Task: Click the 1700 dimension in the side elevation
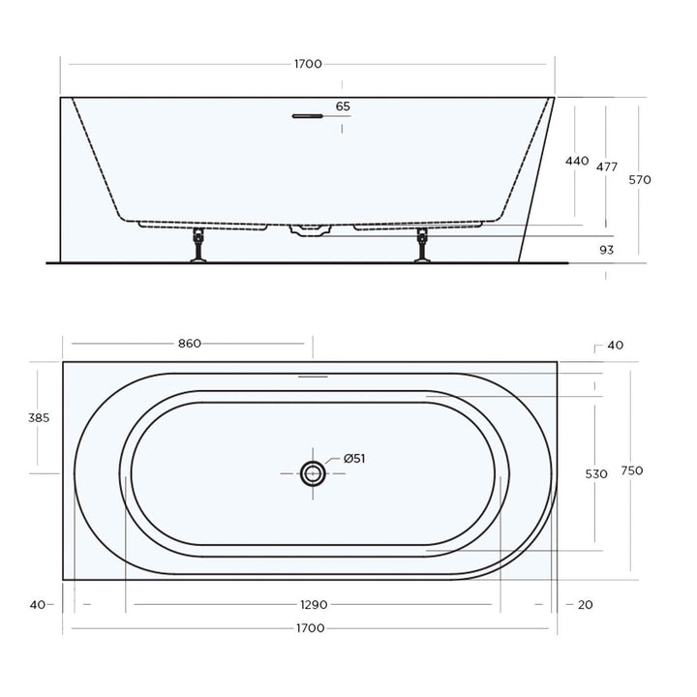click(308, 64)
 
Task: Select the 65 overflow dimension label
click(343, 106)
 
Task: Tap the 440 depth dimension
click(576, 161)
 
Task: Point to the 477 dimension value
click(607, 167)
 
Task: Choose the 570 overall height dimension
click(640, 179)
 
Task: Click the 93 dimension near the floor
click(607, 250)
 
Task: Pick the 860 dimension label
click(189, 344)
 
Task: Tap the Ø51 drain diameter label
click(353, 459)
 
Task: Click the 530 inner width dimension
click(597, 474)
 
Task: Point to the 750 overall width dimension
click(633, 470)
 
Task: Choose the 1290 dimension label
click(313, 605)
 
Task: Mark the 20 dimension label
click(584, 605)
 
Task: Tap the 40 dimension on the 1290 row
click(37, 605)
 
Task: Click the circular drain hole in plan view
click(313, 472)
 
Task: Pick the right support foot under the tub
click(422, 245)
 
